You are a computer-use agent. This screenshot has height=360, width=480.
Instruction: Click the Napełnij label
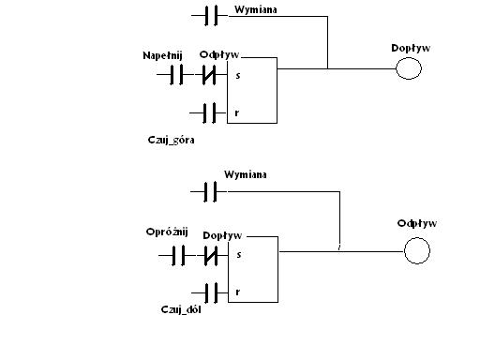(x=162, y=55)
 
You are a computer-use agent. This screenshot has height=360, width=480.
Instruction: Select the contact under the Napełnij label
(x=176, y=75)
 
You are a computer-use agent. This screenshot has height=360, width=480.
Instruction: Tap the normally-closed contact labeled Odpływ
(x=209, y=75)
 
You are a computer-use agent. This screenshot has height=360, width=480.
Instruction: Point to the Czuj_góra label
(x=171, y=140)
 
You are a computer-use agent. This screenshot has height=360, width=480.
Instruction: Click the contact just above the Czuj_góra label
(x=209, y=112)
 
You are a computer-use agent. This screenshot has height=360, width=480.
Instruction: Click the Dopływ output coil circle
(x=409, y=68)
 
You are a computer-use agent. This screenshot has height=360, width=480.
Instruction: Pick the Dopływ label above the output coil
(x=411, y=48)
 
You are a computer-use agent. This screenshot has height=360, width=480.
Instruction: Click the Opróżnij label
(x=167, y=232)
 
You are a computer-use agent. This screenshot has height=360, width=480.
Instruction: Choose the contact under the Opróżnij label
(x=178, y=255)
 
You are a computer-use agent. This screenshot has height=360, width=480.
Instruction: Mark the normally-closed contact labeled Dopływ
(x=211, y=255)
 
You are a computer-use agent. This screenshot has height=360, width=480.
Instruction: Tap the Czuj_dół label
(x=181, y=309)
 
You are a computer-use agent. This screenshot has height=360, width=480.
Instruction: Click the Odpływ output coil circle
(x=417, y=250)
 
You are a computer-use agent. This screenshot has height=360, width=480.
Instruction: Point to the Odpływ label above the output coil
(x=417, y=223)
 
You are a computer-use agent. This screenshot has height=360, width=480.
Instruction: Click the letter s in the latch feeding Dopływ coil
(x=238, y=76)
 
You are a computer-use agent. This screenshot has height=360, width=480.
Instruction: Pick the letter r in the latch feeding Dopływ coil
(x=237, y=112)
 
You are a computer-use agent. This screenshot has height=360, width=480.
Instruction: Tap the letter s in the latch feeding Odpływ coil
(x=239, y=255)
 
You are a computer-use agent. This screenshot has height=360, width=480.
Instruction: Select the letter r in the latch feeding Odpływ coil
(x=238, y=292)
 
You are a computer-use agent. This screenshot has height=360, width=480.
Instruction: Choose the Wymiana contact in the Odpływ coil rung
(x=210, y=191)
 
